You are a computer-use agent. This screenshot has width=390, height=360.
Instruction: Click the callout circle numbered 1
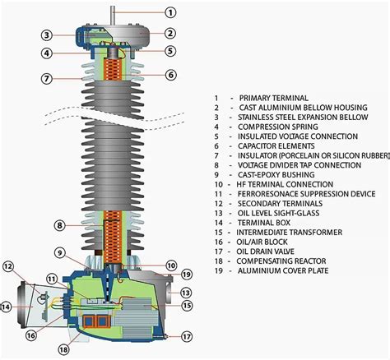click(170, 12)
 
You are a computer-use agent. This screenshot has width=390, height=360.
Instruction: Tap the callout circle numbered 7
click(48, 79)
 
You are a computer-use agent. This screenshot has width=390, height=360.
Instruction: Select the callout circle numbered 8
click(59, 225)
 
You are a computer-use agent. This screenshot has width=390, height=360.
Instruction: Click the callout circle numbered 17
click(188, 335)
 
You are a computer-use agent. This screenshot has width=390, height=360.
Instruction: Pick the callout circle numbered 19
click(187, 274)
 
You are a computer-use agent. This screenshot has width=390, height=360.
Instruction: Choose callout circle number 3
click(48, 35)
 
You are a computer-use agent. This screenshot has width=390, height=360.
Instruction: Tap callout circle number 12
click(9, 265)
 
